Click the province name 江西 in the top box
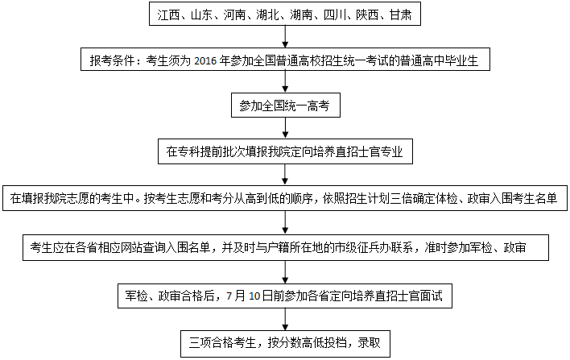168,15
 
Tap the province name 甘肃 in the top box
400,15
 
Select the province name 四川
334,15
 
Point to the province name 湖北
267,15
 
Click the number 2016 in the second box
205,60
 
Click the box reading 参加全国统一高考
286,106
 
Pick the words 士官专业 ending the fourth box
380,151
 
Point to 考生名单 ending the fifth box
535,198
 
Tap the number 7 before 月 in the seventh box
229,296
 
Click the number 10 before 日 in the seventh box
254,296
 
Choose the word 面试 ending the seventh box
432,296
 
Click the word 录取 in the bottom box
370,342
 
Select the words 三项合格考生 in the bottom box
222,342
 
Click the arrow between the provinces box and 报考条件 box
285,37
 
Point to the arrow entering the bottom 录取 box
285,320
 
